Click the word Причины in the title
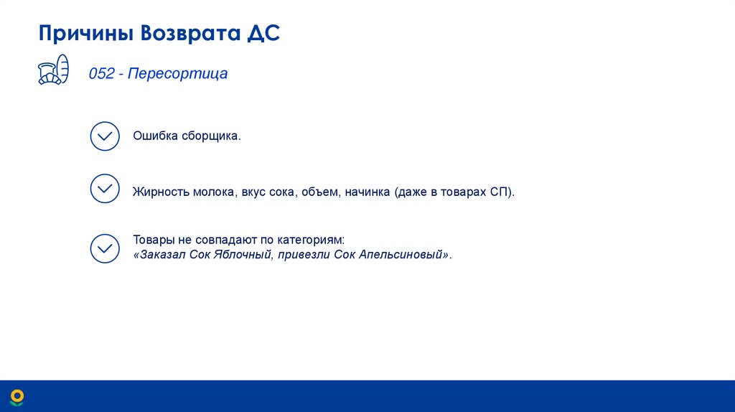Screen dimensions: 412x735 86,34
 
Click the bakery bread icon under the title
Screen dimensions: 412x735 53,70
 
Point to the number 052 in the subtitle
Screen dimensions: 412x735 101,73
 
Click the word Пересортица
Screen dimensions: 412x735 178,73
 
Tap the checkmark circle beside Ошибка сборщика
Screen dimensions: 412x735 105,136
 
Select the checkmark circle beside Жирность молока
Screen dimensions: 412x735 105,189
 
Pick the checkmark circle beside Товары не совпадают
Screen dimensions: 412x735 105,248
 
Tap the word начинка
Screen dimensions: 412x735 367,192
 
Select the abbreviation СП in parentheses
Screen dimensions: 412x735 500,192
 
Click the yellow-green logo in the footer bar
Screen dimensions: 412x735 17,396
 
